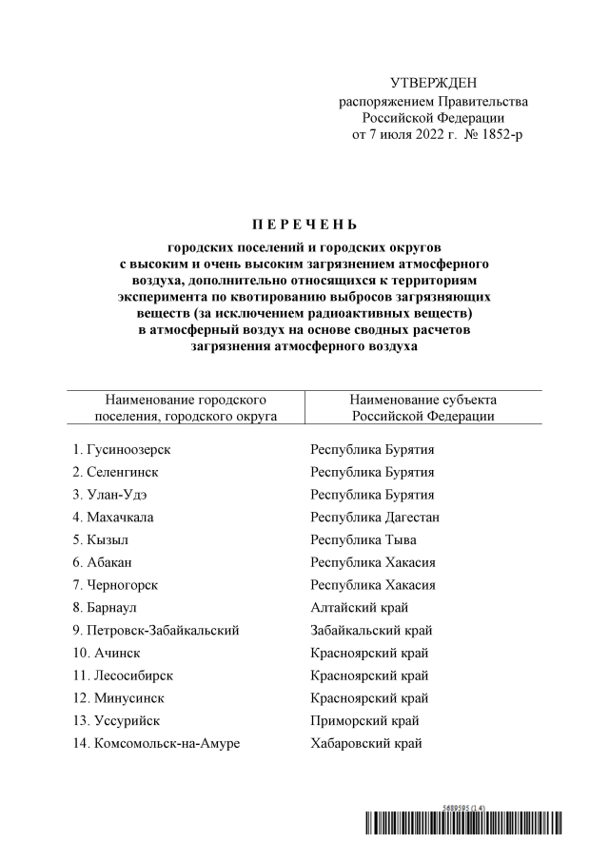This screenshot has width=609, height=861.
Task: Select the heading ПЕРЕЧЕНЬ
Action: click(x=304, y=225)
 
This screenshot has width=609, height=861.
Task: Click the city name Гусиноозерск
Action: click(x=134, y=449)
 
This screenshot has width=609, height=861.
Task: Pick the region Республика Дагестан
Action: click(x=375, y=518)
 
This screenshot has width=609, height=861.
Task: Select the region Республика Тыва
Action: click(x=363, y=539)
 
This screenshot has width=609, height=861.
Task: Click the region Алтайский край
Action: click(x=361, y=607)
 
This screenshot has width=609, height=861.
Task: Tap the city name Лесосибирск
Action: click(x=133, y=675)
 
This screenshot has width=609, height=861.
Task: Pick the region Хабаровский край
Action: click(x=366, y=743)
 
